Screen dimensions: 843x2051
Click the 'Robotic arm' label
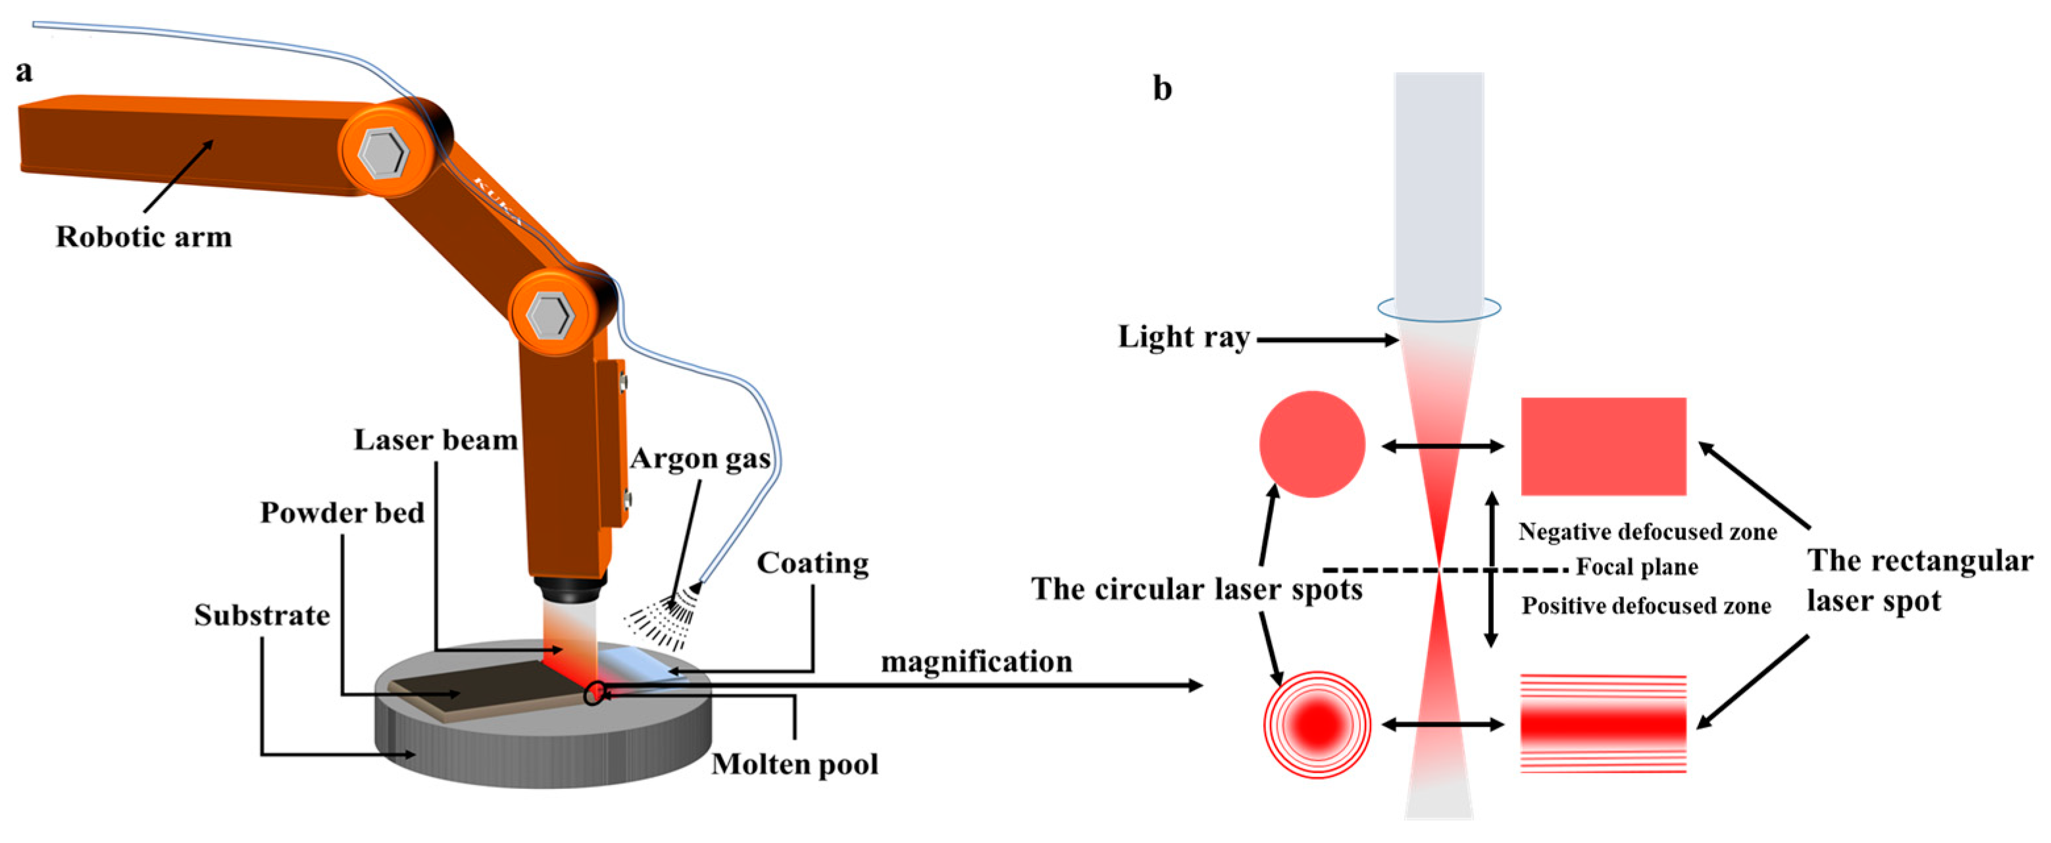143,237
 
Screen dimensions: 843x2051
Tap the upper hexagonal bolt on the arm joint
383,152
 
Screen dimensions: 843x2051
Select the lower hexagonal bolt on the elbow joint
550,315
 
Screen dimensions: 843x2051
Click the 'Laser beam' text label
436,440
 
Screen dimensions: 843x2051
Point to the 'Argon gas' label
700,459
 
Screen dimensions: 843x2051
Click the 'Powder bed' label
342,513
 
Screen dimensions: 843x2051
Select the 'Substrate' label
262,615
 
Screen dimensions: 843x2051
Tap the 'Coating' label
812,563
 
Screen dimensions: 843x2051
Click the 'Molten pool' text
795,764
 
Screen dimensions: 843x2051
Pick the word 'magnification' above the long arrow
976,661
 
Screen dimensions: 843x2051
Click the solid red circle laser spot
1312,444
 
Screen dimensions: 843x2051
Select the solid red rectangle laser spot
1604,447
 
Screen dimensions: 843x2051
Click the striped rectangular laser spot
1604,724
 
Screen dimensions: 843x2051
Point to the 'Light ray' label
1184,338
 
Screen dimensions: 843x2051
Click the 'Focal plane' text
1637,567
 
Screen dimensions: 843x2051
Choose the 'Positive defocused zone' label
1646,607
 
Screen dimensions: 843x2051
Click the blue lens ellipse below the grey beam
1440,309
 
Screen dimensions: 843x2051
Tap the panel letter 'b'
1163,88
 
